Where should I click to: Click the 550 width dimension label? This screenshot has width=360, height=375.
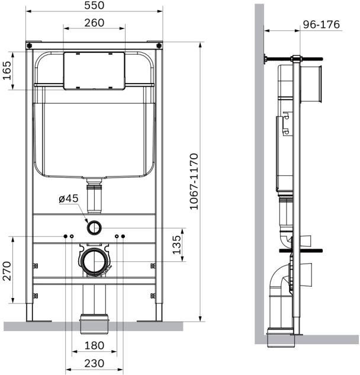click(94, 5)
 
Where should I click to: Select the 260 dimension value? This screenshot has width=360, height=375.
click(94, 23)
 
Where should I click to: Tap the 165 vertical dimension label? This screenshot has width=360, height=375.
click(7, 70)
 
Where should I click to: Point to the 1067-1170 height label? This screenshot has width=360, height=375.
click(194, 181)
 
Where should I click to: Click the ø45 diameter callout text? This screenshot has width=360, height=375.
click(69, 198)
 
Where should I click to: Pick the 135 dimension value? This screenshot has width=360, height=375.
click(177, 245)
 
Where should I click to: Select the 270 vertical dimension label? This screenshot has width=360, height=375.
click(7, 271)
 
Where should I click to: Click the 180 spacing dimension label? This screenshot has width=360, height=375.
click(94, 345)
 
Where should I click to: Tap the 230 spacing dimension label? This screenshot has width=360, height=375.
click(94, 364)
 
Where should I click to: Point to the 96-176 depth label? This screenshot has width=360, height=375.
click(322, 25)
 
